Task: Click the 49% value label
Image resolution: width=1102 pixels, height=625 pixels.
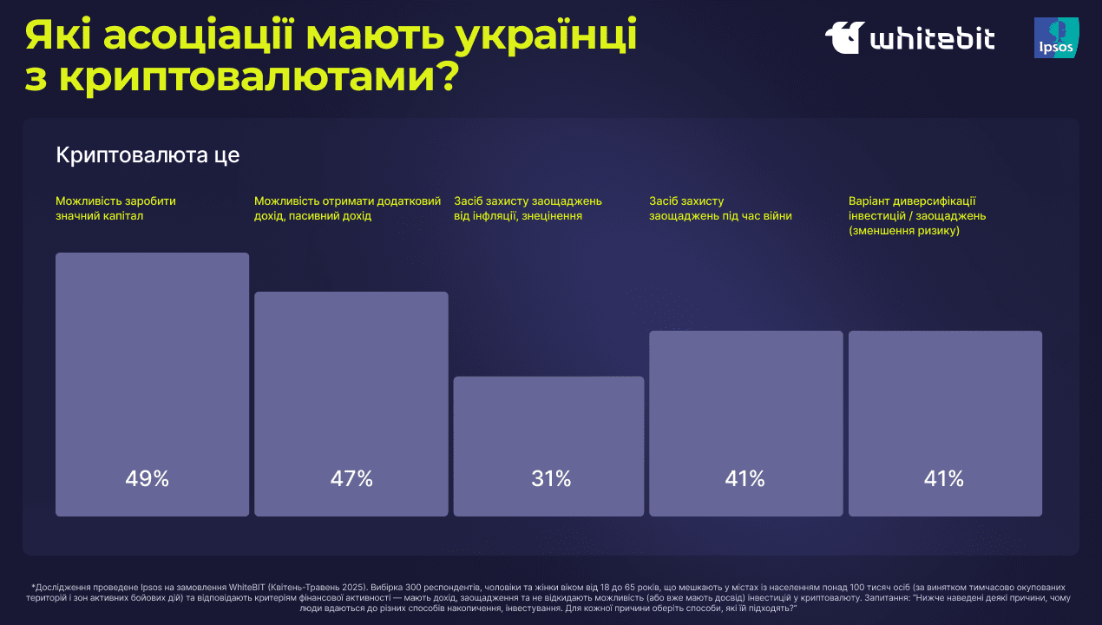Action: [148, 478]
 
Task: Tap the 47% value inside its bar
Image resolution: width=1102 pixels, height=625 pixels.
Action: [351, 478]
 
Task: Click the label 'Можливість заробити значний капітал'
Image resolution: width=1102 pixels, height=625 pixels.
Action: [116, 208]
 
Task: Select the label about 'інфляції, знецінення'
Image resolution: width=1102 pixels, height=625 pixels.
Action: [528, 208]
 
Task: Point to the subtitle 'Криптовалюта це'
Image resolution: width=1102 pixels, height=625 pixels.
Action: [148, 155]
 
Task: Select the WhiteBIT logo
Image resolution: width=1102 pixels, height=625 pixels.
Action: [909, 38]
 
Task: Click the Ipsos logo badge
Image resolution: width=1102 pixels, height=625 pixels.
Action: [1056, 38]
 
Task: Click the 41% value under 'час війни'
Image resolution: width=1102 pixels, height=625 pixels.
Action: [745, 478]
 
